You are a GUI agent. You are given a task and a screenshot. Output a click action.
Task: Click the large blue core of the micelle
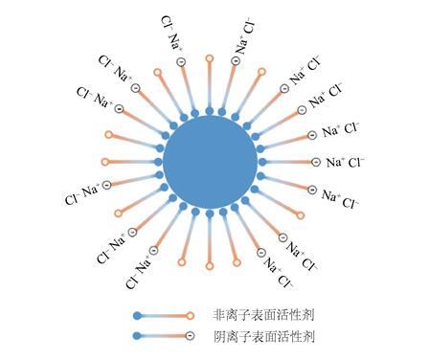[x=210, y=162]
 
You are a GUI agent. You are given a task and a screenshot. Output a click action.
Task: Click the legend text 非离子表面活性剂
[x=263, y=315]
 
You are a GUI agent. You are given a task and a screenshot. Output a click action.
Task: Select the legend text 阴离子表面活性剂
[x=263, y=336]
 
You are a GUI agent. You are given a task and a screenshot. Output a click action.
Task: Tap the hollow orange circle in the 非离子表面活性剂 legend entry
[x=191, y=316]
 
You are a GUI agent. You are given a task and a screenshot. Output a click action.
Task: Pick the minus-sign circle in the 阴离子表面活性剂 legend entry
[x=191, y=336]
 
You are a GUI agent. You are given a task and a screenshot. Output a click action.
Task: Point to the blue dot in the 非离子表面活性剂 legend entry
[x=137, y=316]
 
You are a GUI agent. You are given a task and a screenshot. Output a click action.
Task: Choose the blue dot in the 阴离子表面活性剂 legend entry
[x=137, y=336]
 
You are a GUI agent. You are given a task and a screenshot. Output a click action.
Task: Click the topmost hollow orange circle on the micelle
[x=210, y=58]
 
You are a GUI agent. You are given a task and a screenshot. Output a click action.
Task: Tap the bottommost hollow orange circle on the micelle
[x=210, y=265]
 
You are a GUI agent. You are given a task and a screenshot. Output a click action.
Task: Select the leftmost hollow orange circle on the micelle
[x=105, y=162]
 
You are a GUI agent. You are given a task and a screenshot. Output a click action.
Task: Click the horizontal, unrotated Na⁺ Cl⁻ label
[x=345, y=163]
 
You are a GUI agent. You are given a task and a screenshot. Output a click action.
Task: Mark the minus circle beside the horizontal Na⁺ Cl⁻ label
[x=316, y=162]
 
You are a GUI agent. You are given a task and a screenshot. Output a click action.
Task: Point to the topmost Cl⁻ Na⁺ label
[x=172, y=34]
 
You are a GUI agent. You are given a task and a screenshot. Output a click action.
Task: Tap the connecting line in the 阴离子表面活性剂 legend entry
[x=164, y=336]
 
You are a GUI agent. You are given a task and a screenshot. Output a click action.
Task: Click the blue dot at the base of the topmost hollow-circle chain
[x=210, y=111]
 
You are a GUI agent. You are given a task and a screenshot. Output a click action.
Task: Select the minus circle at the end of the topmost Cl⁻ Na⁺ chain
[x=181, y=62]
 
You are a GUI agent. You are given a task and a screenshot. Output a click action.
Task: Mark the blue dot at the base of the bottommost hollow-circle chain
[x=210, y=214]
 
